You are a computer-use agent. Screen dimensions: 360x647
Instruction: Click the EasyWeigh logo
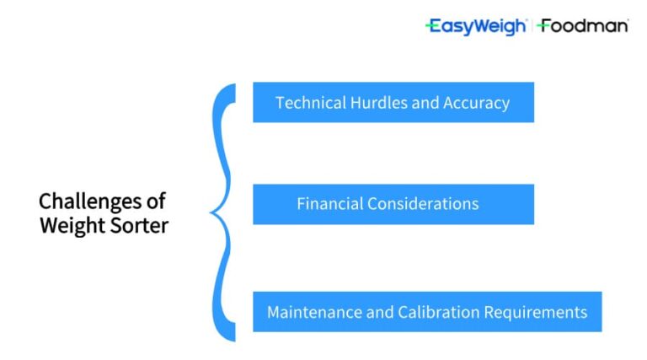[x=476, y=26]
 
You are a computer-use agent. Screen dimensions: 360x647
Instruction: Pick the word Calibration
[x=437, y=312]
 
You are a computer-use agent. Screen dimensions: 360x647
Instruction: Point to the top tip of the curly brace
[x=233, y=85]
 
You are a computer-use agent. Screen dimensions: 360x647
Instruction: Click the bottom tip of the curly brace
[x=233, y=339]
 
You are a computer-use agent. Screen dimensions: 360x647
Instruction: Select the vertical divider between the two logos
[x=532, y=26]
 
